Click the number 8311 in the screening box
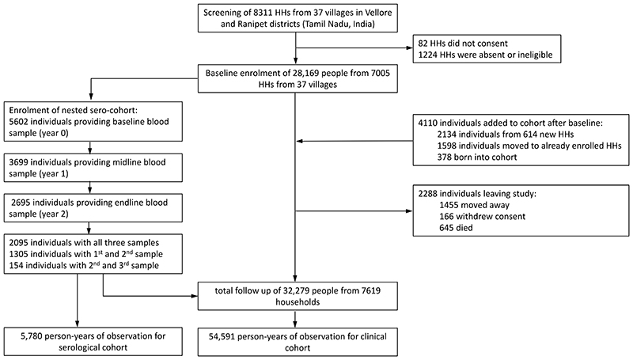(x=253, y=13)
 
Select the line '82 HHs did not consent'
(x=463, y=44)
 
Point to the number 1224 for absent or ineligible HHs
(x=428, y=55)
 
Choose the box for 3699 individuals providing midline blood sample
(x=93, y=168)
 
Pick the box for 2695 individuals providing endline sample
(x=93, y=208)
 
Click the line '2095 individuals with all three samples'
(x=84, y=243)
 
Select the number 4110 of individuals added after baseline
(x=428, y=123)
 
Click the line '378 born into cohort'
(x=477, y=157)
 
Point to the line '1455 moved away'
(x=474, y=205)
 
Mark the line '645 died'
(x=456, y=228)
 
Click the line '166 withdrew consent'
(x=483, y=216)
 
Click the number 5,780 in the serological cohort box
(x=32, y=335)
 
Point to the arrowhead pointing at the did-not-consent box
(x=409, y=47)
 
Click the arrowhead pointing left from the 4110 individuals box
(x=300, y=142)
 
